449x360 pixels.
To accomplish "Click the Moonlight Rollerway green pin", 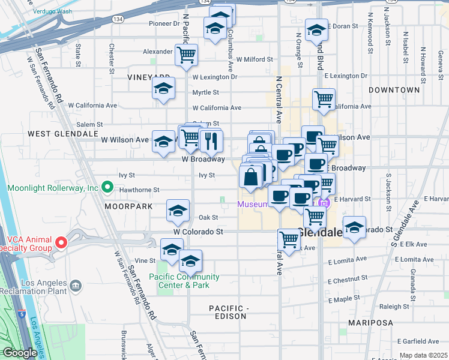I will pyautogui.click(x=107, y=188).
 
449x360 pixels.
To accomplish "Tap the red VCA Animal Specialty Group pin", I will pyautogui.click(x=61, y=243).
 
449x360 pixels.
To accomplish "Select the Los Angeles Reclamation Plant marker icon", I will pyautogui.click(x=76, y=284).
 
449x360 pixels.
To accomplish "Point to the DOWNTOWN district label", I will pyautogui.click(x=394, y=90).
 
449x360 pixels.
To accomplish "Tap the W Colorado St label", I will pyautogui.click(x=198, y=231).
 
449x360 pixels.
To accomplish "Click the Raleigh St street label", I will pyautogui.click(x=394, y=306).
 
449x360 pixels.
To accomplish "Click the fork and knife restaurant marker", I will pyautogui.click(x=210, y=141).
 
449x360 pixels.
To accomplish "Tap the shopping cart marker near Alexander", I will pyautogui.click(x=187, y=55).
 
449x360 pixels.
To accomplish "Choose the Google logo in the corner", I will pyautogui.click(x=19, y=353).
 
